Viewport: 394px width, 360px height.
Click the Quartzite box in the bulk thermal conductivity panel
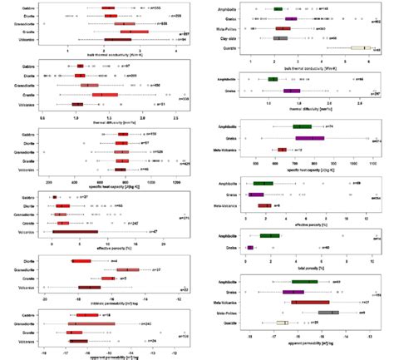[360, 48]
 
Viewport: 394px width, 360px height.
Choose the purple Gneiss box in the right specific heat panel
[309, 138]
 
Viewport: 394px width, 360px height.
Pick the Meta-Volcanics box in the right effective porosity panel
[264, 205]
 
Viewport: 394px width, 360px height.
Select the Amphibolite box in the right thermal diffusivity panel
[273, 80]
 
